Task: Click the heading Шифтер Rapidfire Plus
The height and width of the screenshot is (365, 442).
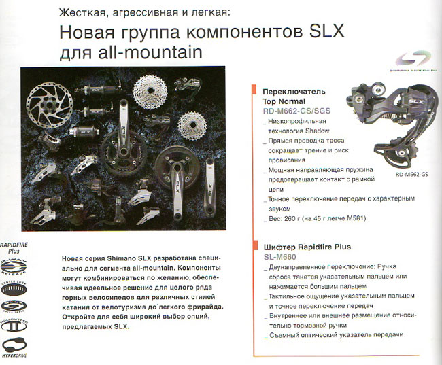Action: click(x=307, y=247)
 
